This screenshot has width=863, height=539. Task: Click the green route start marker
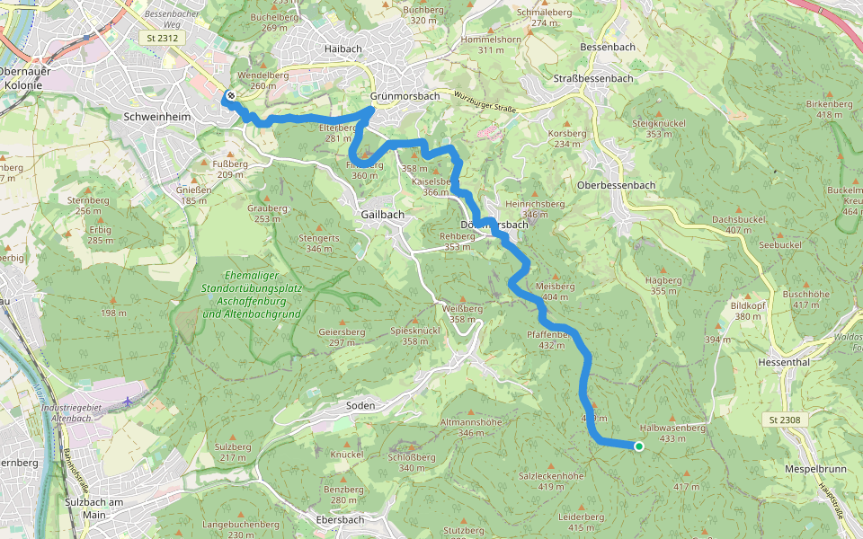click(638, 446)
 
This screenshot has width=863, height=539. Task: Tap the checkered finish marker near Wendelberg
click(231, 95)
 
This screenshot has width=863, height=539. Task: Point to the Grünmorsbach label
click(405, 96)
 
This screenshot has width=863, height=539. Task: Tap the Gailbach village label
click(382, 215)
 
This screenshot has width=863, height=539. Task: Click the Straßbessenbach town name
click(593, 78)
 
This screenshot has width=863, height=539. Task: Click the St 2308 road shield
click(785, 420)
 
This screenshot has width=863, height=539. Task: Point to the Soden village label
click(360, 406)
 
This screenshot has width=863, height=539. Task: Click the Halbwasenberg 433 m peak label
click(672, 433)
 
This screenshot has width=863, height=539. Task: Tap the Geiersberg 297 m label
click(342, 337)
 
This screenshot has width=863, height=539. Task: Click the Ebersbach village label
click(341, 519)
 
